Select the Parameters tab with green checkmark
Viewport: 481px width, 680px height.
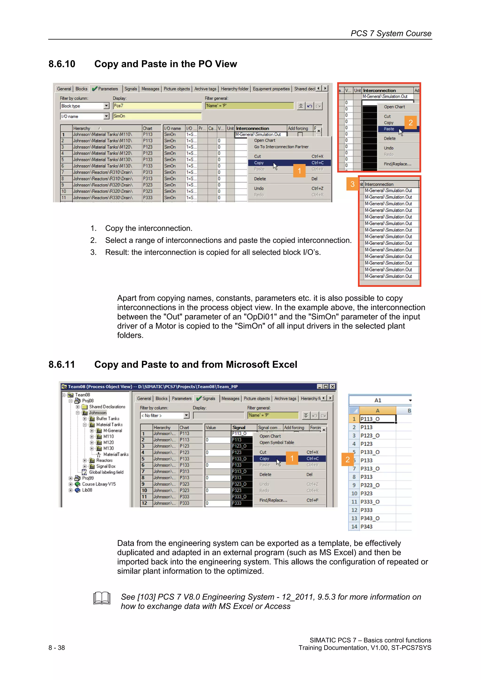click(x=105, y=89)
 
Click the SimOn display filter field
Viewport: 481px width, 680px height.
click(x=157, y=116)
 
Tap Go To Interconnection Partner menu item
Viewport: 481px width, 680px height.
click(x=281, y=147)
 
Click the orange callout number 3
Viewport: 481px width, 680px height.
click(x=352, y=184)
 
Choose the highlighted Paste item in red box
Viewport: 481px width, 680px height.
click(x=389, y=129)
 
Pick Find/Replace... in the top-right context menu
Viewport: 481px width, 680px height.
click(x=397, y=164)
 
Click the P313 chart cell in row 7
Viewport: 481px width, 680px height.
click(x=147, y=172)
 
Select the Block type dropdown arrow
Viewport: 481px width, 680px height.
click(x=106, y=106)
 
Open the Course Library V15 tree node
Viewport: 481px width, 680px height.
click(x=99, y=484)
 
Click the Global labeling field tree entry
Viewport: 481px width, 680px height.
click(x=106, y=472)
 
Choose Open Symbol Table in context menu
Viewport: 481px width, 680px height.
click(x=276, y=442)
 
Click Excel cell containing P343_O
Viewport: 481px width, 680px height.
click(x=370, y=518)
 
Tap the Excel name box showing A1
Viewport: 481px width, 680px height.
click(x=378, y=400)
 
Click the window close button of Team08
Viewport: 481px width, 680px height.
click(x=333, y=387)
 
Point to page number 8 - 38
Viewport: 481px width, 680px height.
click(x=57, y=648)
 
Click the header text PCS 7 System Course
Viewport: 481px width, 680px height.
click(x=391, y=34)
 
